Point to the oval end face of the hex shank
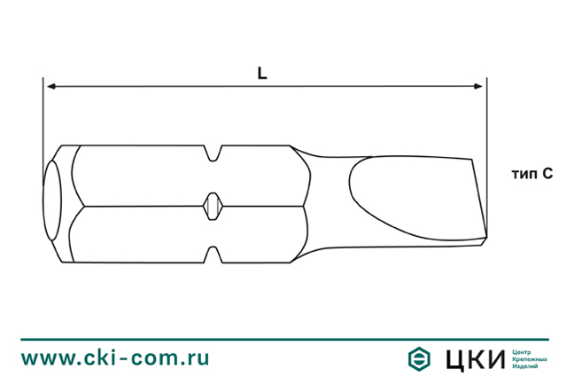pyautogui.click(x=51, y=203)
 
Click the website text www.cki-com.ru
pyautogui.click(x=115, y=357)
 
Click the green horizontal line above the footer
pyautogui.click(x=283, y=338)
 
